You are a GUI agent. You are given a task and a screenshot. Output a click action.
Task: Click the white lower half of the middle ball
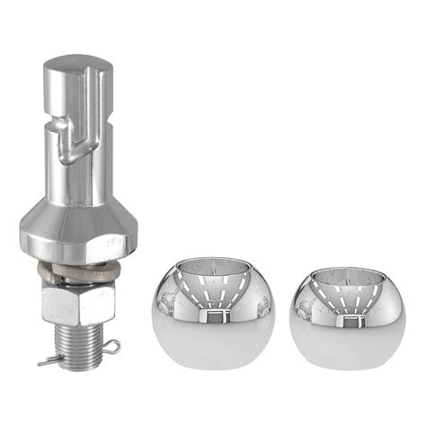pyautogui.click(x=213, y=355)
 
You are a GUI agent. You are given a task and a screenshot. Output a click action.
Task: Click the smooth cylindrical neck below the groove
pyautogui.click(x=78, y=180)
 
